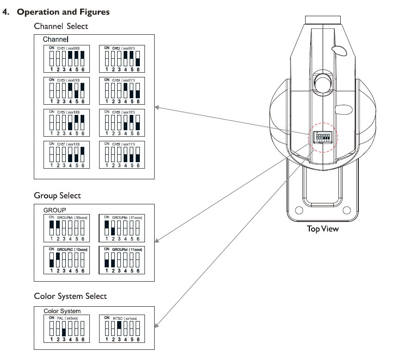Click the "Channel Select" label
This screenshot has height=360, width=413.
pyautogui.click(x=61, y=26)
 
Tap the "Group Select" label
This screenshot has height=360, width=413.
pyautogui.click(x=57, y=196)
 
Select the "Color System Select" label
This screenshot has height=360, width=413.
pyautogui.click(x=70, y=296)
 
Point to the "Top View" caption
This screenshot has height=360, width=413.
pyautogui.click(x=323, y=229)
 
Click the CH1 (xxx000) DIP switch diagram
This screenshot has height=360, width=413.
pyautogui.click(x=66, y=58)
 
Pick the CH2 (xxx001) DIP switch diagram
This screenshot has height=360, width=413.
pyautogui.click(x=122, y=58)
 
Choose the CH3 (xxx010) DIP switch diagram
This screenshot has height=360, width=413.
pyautogui.click(x=66, y=90)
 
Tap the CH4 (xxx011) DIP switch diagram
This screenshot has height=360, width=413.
pyautogui.click(x=122, y=90)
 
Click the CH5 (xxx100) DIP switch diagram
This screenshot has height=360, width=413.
pyautogui.click(x=66, y=122)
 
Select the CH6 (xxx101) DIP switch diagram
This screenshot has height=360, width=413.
pyautogui.click(x=122, y=122)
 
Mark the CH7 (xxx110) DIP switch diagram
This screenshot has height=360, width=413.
pyautogui.click(x=66, y=154)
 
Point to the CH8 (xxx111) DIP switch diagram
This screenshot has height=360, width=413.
pyautogui.click(x=122, y=154)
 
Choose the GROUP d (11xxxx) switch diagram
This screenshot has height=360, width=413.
pyautogui.click(x=122, y=260)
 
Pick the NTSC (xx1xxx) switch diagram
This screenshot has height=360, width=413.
pyautogui.click(x=122, y=329)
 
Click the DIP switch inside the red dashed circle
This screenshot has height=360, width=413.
pyautogui.click(x=322, y=137)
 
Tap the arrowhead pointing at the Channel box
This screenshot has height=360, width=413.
pyautogui.click(x=156, y=107)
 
